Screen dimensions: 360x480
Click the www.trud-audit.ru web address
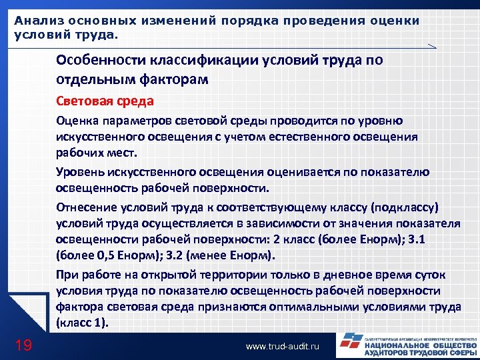[x=283, y=347]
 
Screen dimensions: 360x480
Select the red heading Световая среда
[x=105, y=101]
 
